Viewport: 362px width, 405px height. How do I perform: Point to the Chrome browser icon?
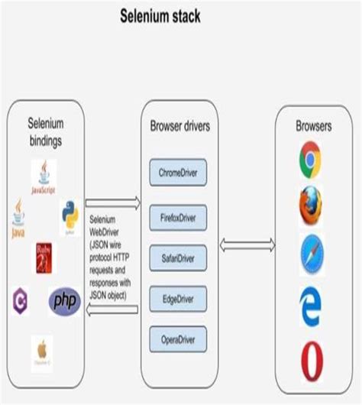(311, 158)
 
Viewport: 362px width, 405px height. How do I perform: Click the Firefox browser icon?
(311, 204)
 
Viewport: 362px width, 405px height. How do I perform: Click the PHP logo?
(64, 301)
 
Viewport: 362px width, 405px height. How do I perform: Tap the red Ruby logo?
(43, 258)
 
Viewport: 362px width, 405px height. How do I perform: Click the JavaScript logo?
(43, 177)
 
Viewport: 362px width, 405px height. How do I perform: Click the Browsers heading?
(313, 125)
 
